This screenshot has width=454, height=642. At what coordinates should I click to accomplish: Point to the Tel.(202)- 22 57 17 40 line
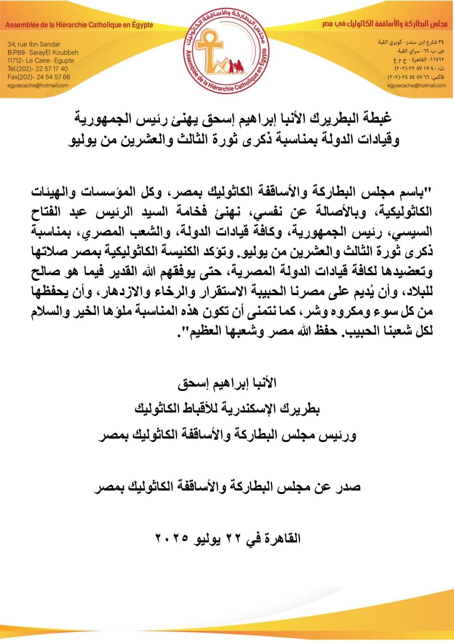(x=37, y=69)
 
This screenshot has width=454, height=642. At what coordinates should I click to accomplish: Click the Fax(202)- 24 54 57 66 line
(x=39, y=77)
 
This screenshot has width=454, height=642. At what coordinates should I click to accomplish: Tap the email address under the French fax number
(x=38, y=85)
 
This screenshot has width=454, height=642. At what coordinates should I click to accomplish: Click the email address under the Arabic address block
(x=416, y=86)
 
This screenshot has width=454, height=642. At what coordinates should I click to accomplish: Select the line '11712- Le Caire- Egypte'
(x=41, y=61)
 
